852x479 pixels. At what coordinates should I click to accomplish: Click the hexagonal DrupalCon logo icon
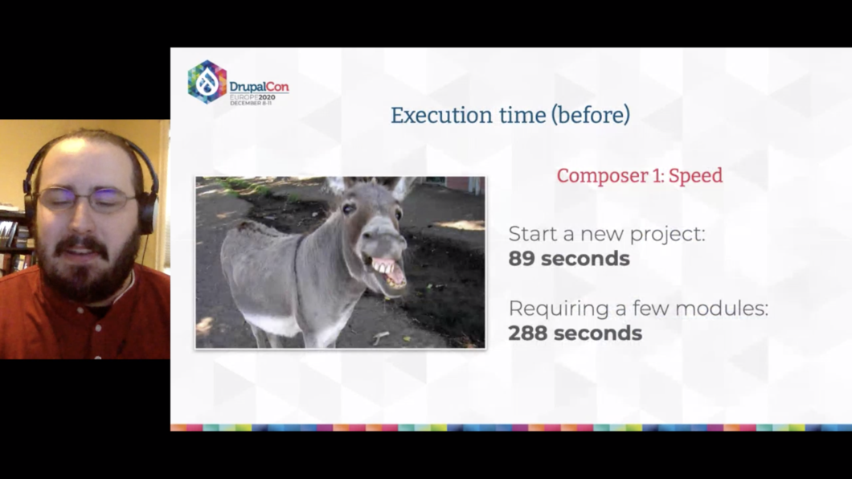(x=207, y=82)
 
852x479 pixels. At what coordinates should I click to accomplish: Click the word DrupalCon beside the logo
(x=259, y=87)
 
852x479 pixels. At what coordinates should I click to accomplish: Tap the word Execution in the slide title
(x=440, y=115)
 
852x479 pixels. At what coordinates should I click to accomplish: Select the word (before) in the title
(x=591, y=115)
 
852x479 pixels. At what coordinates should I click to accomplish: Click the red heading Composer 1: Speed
(x=640, y=175)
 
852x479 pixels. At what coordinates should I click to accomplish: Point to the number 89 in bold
(x=522, y=259)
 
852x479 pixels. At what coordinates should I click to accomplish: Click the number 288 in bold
(x=528, y=333)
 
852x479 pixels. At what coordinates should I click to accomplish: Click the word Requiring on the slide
(x=559, y=309)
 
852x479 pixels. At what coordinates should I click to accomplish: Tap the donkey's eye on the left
(x=349, y=208)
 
